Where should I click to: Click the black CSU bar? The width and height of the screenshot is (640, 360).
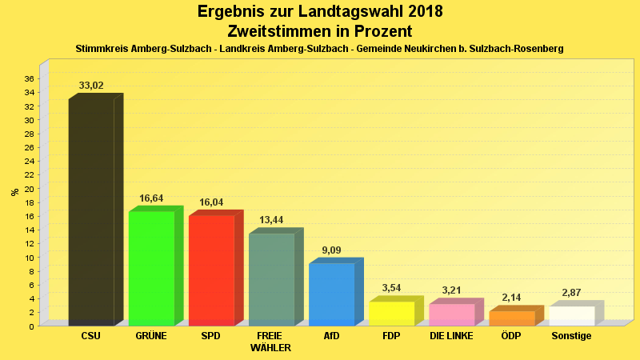point(91,212)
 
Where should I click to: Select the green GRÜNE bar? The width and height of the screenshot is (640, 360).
point(151,268)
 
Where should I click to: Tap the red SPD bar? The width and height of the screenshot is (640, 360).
point(211,270)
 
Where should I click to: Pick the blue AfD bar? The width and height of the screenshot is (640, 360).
point(331,294)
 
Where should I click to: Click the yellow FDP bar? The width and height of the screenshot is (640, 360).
point(391,313)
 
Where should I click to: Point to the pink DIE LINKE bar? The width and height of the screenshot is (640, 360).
point(452,314)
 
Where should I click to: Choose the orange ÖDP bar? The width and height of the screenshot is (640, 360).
point(512,318)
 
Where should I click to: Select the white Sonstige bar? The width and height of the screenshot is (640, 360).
point(572,315)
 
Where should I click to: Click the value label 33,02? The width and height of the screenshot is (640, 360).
point(91,86)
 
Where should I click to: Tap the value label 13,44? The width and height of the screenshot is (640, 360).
point(271,220)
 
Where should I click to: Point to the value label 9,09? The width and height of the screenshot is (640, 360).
point(331,250)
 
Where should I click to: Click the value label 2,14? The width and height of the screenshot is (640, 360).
point(512,298)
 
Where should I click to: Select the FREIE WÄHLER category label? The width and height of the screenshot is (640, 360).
point(270,342)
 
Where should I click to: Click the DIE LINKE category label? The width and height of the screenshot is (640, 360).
point(452,336)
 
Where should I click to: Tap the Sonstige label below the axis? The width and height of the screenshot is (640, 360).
point(572,336)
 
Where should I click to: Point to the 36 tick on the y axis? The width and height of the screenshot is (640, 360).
point(29,78)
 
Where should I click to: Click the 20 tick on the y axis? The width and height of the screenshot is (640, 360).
point(29,189)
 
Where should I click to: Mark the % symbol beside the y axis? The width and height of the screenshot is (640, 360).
point(14,192)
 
